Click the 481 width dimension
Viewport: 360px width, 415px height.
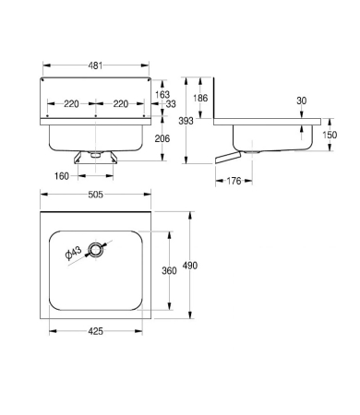tap(95, 65)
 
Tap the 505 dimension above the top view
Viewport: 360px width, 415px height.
tap(96, 195)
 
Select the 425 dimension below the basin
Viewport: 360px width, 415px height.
tap(96, 331)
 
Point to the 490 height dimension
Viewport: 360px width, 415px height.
tap(190, 266)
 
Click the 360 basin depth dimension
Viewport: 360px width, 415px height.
tap(169, 271)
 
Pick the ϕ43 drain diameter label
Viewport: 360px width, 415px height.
tap(74, 253)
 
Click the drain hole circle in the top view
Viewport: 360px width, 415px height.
tap(96, 250)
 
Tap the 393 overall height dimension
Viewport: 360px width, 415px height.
tap(186, 121)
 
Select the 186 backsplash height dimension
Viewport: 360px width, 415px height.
tap(200, 98)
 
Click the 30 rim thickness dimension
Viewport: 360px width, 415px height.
tap(302, 101)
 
